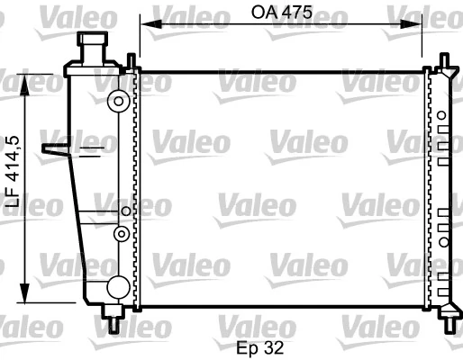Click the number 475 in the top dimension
pos(297,15)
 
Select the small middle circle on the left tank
pos(120,234)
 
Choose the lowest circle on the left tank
pos(117,287)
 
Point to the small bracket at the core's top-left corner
pos(132,61)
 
